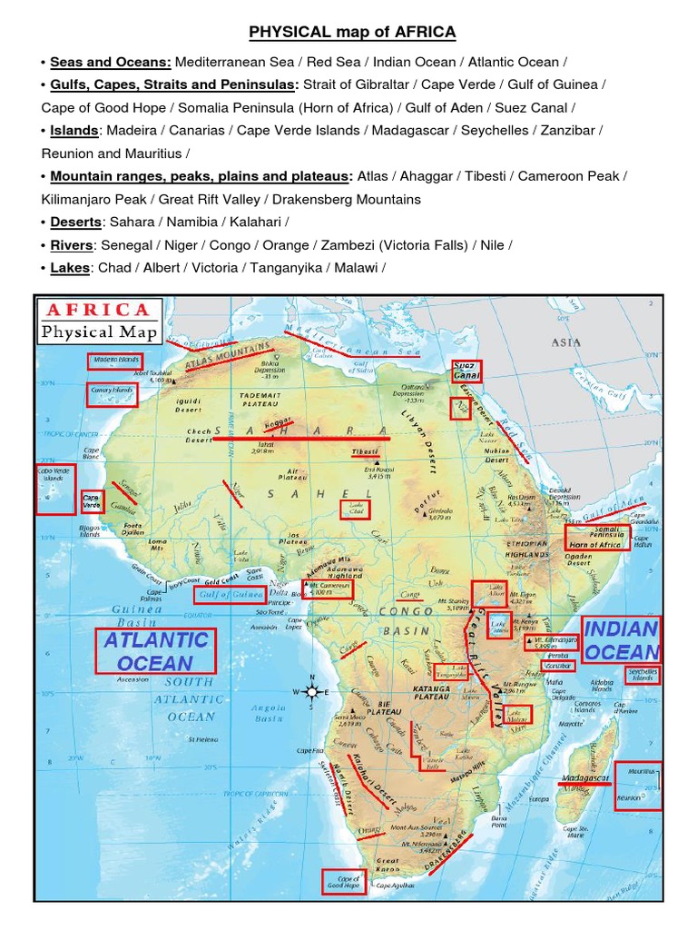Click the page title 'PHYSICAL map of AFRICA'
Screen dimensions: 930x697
click(353, 34)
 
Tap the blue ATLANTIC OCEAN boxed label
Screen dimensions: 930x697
click(156, 651)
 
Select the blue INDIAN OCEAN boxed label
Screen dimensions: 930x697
click(622, 639)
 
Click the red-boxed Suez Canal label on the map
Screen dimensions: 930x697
click(466, 371)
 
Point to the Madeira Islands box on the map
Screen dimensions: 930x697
click(115, 361)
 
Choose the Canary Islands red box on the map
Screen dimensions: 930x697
click(113, 393)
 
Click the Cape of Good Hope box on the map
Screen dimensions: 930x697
click(348, 882)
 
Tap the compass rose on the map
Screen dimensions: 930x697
click(311, 692)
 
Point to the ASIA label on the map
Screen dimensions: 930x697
click(565, 342)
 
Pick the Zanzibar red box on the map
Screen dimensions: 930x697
click(557, 667)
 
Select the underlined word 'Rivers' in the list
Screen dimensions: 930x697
click(72, 245)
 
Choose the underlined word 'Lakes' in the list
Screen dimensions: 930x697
click(70, 268)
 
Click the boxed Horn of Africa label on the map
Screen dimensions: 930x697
click(594, 544)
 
